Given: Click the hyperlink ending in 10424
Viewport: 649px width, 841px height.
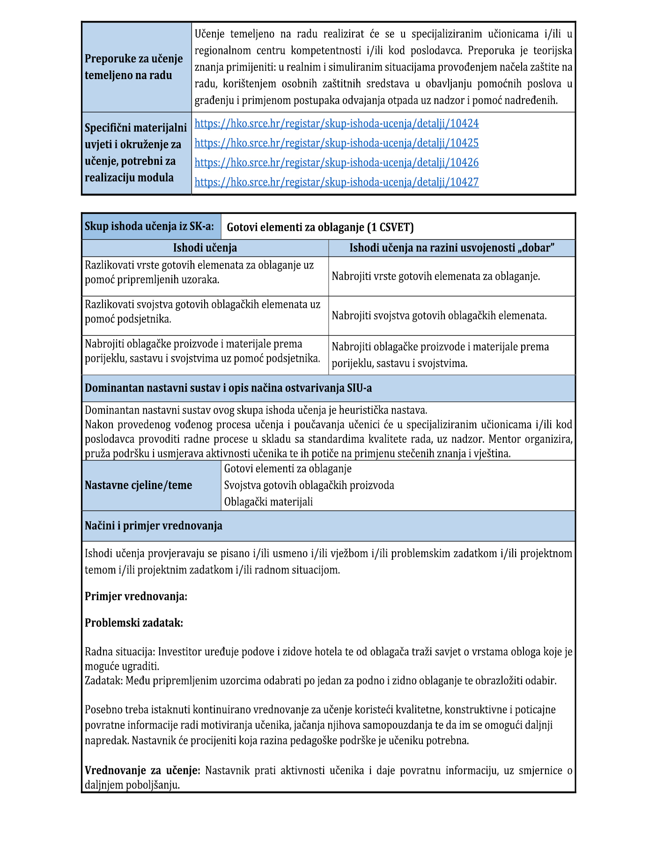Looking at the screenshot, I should click(x=336, y=124).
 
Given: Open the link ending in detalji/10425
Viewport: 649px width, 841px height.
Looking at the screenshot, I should click(x=336, y=143).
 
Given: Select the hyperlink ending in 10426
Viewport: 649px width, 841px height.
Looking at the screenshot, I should click(x=336, y=163).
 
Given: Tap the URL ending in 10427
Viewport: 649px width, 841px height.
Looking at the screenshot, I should click(x=336, y=182).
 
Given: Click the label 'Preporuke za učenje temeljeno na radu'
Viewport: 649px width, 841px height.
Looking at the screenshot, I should click(x=134, y=67).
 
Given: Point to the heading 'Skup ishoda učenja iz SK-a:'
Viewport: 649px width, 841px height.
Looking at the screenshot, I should click(x=149, y=227).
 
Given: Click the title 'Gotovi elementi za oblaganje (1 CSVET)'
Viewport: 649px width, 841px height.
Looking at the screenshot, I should click(x=320, y=227).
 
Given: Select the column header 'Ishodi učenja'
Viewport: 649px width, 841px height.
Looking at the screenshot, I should click(x=205, y=248).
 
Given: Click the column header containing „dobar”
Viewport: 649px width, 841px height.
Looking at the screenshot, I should click(x=451, y=248).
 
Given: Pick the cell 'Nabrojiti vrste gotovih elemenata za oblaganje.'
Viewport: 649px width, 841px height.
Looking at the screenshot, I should click(x=435, y=277).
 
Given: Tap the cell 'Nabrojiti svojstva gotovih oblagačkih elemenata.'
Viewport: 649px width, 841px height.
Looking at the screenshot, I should click(x=439, y=316).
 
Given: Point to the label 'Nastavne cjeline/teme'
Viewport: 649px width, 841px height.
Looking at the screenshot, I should click(x=138, y=485).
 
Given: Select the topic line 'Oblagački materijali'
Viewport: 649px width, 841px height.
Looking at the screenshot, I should click(x=268, y=502).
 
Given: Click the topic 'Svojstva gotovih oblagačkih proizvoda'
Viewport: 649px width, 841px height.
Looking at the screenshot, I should click(x=309, y=485).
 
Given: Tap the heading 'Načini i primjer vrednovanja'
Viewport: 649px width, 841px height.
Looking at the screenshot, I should click(x=153, y=526).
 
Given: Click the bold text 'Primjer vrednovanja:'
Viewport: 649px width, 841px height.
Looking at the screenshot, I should click(x=136, y=597).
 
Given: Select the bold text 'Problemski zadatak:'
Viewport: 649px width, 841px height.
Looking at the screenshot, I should click(x=133, y=623).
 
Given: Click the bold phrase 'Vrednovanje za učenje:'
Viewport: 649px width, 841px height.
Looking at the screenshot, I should click(x=142, y=771).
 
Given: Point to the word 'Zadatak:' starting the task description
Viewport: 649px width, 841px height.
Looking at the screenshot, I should click(x=104, y=681).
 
